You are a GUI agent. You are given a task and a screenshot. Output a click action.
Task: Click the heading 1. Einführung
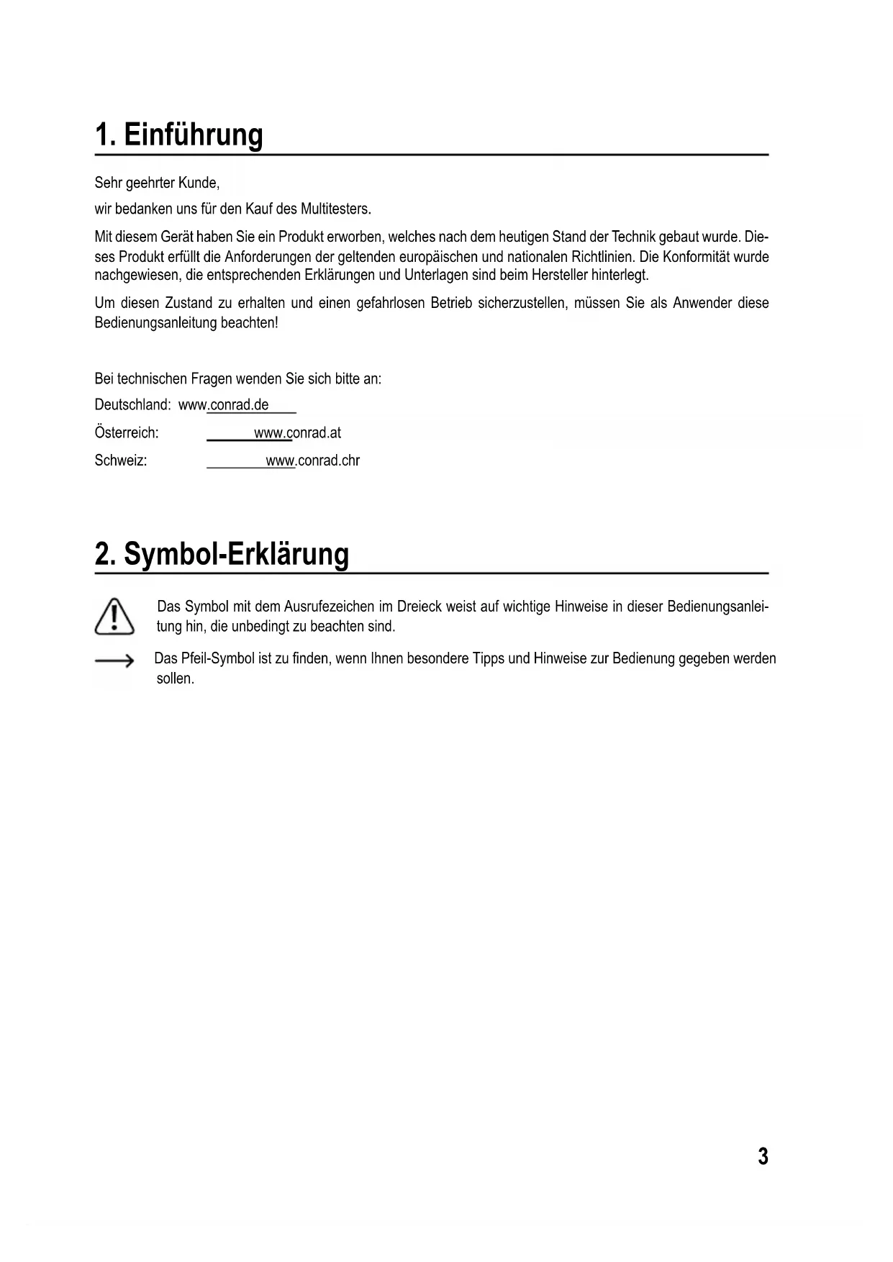[179, 135]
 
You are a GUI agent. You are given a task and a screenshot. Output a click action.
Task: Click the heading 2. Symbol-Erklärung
[222, 554]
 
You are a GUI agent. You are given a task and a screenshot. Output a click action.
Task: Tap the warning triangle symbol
[114, 617]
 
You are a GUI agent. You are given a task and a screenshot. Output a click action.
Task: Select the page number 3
[763, 1156]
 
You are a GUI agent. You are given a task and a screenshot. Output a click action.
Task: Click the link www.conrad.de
[224, 405]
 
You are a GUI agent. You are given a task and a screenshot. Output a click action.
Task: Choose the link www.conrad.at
[297, 433]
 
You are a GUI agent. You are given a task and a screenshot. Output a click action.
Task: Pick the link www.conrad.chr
[312, 461]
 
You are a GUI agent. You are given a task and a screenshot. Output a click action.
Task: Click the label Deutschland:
[132, 405]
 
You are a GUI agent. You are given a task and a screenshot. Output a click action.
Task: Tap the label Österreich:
[127, 433]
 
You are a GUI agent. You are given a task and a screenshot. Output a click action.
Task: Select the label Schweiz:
[121, 461]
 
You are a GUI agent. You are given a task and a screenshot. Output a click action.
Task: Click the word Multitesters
[335, 210]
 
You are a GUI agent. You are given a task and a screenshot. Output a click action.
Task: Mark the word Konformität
[697, 257]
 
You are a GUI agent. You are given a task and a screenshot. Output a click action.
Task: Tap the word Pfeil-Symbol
[217, 659]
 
